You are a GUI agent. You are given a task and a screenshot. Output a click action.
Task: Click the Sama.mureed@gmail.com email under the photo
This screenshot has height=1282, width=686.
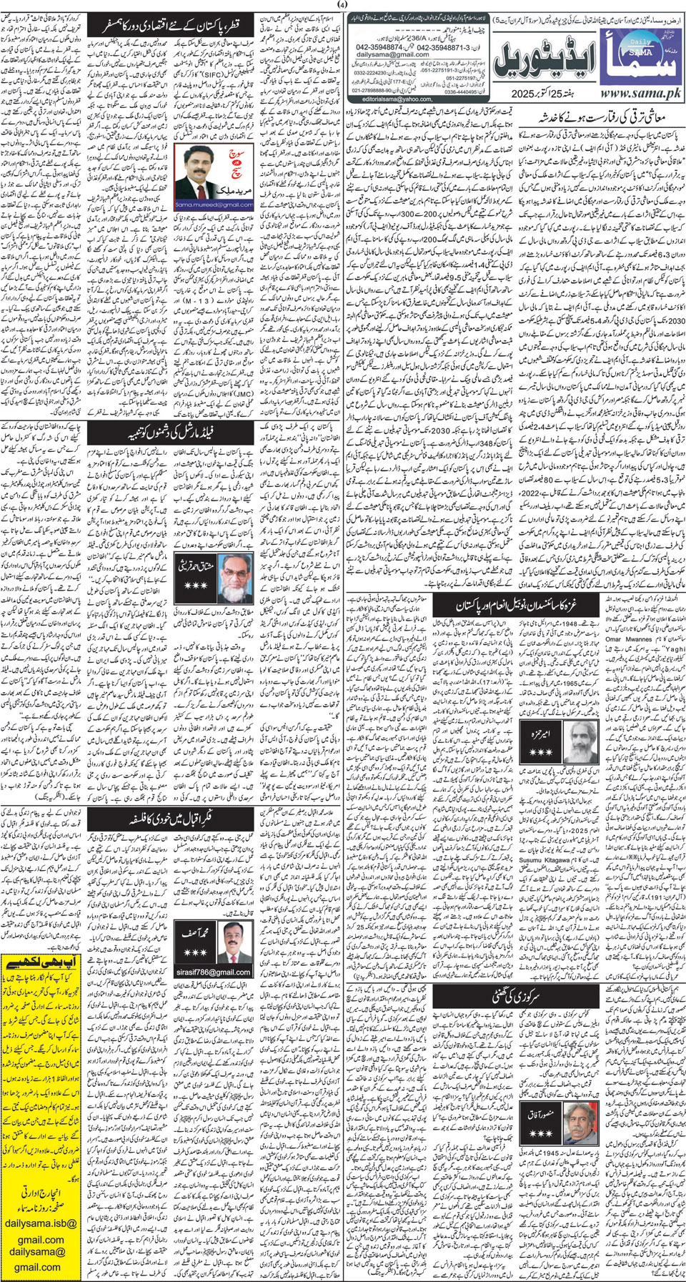pos(214,204)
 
